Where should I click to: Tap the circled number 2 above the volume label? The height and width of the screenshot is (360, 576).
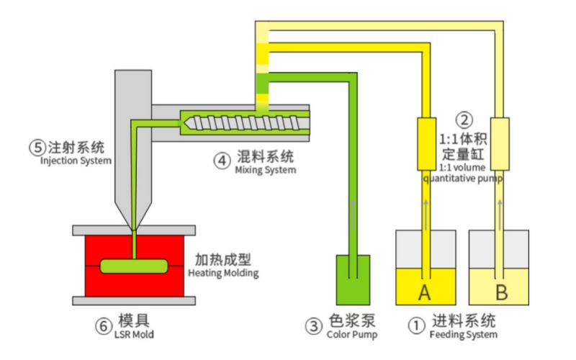(x=466, y=120)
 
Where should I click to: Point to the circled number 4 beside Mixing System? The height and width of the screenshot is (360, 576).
(x=222, y=159)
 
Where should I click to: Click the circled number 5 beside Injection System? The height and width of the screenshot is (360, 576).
(x=37, y=148)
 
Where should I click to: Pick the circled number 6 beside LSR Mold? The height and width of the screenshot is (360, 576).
(x=103, y=325)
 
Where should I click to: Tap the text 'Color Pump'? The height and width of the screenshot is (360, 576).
(x=352, y=336)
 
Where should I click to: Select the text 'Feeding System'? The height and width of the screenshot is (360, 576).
(x=463, y=336)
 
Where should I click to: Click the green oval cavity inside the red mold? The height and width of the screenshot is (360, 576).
(x=134, y=266)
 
